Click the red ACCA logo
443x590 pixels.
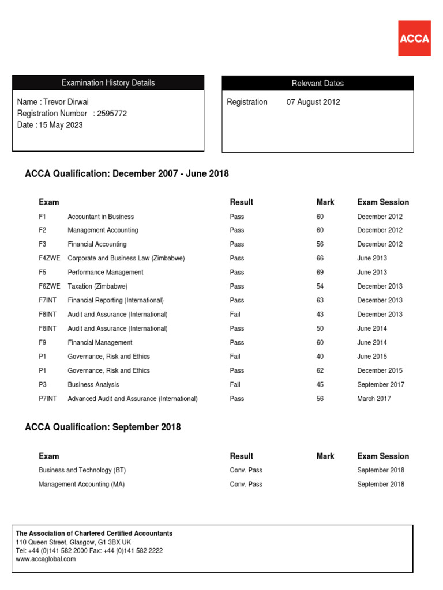(414, 38)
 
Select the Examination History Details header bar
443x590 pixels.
(108, 83)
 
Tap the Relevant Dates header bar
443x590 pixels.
(317, 84)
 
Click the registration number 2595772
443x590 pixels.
(112, 114)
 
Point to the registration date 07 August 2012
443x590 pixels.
(313, 102)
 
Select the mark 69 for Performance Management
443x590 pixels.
(320, 272)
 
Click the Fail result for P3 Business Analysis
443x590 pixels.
(235, 384)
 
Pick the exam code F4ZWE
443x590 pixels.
(49, 258)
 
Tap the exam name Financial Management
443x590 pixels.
(100, 342)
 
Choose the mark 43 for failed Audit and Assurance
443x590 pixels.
(320, 315)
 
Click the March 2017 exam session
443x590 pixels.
(374, 399)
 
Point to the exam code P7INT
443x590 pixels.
(48, 399)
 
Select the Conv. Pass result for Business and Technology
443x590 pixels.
(246, 470)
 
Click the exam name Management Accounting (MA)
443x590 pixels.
(81, 485)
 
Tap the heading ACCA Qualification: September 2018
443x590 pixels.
(103, 428)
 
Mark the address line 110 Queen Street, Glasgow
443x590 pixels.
(73, 542)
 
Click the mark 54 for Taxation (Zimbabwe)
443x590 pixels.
(320, 286)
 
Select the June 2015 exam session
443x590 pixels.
(372, 357)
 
